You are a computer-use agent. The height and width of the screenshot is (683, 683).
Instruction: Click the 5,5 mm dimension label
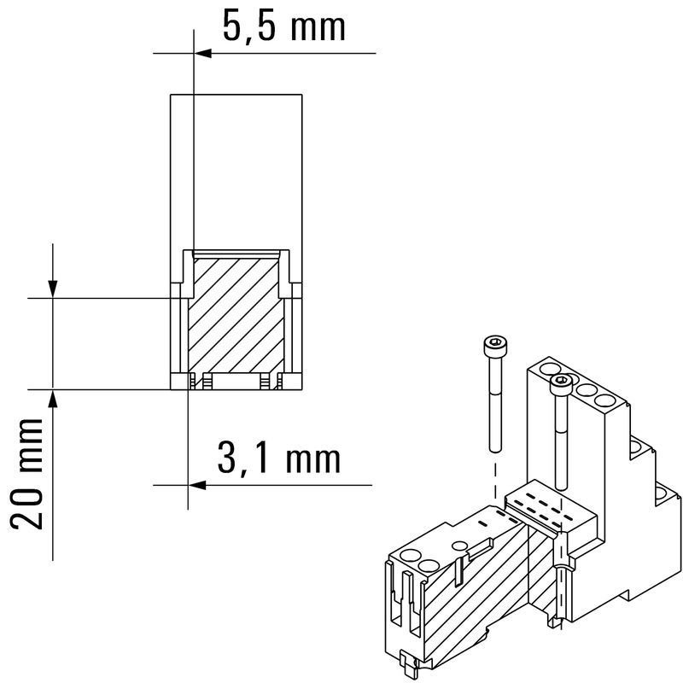pos(284,26)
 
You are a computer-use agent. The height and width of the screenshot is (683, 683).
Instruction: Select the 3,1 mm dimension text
pos(279,458)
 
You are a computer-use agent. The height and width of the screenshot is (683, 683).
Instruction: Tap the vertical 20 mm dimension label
pos(30,474)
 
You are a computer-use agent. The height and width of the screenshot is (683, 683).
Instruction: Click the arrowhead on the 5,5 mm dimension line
pos(201,53)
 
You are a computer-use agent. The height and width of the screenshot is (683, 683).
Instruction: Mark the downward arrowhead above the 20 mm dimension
pos(53,289)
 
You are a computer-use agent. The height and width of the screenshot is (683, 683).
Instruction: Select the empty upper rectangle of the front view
pos(237,171)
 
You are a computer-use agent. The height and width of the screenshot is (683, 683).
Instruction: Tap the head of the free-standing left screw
pos(494,345)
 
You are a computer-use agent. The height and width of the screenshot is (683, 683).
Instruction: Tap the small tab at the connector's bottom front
pos(407,662)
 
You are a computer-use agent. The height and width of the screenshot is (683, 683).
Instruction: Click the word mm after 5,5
pos(318,26)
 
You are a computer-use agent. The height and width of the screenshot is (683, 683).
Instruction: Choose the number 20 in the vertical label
pos(30,511)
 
